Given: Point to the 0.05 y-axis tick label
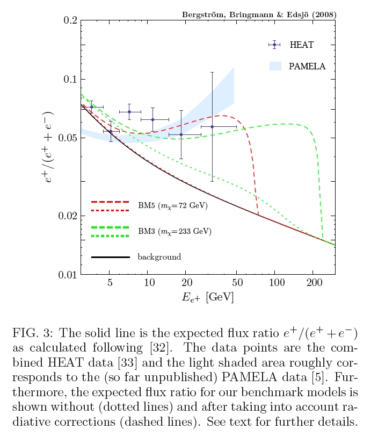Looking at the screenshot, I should tap(68, 138).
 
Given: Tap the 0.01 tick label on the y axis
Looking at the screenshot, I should tap(68, 275).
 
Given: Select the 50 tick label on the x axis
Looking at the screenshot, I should tap(236, 283).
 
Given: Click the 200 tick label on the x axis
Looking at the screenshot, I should tap(313, 283).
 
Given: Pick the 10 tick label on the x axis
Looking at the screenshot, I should tap(148, 283).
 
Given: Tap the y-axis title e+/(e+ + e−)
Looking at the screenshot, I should tap(49, 148).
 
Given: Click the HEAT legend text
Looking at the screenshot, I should tap(301, 45).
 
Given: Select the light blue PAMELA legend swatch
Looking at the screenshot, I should tap(275, 66).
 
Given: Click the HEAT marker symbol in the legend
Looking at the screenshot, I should tap(274, 45).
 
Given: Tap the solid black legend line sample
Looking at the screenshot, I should tap(111, 257).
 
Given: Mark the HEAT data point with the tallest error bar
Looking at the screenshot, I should tap(212, 127).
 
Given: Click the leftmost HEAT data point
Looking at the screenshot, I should tap(91, 107).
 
